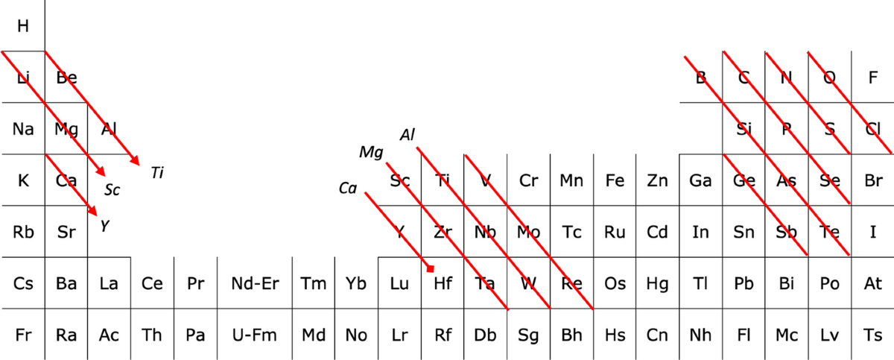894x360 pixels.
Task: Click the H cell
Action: (x=22, y=26)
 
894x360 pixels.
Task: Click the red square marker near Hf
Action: (x=431, y=268)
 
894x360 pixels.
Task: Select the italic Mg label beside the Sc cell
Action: (x=370, y=153)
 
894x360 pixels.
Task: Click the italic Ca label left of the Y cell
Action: (x=348, y=189)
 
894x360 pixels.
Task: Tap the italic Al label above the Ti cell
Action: (x=408, y=135)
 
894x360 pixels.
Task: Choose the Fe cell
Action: (x=615, y=180)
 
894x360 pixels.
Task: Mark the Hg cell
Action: (x=657, y=283)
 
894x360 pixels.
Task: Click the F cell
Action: (x=872, y=78)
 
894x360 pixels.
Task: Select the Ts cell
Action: (x=872, y=335)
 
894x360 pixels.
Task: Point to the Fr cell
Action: (x=22, y=335)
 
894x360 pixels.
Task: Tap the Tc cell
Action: (x=571, y=232)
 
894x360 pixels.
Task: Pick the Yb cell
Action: (x=356, y=283)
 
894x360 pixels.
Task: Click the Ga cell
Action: (x=700, y=180)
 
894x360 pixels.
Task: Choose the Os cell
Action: (x=615, y=283)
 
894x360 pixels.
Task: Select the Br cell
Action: (x=872, y=180)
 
